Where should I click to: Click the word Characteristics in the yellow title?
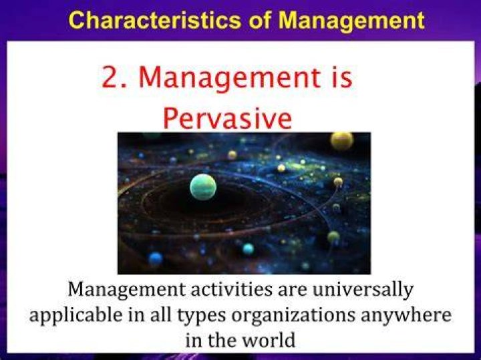click(155, 20)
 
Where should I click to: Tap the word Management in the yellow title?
click(352, 21)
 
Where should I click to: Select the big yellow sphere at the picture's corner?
click(342, 141)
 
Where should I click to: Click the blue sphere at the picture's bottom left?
click(156, 258)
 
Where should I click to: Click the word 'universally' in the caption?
click(362, 290)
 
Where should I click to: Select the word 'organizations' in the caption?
click(293, 315)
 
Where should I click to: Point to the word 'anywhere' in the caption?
click(406, 316)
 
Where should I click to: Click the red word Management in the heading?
click(229, 78)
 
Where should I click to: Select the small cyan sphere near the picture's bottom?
click(248, 248)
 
